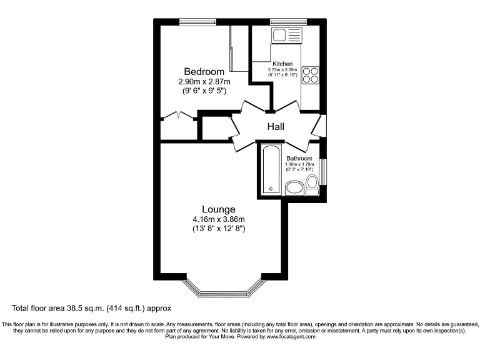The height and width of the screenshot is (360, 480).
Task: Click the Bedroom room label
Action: [x=204, y=72]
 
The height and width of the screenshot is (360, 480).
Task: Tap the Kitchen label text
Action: [x=282, y=64]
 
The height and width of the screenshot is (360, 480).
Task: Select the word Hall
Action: [x=276, y=127]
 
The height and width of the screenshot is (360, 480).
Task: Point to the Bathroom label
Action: [x=299, y=159]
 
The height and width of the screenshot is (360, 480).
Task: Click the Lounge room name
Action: [x=218, y=209]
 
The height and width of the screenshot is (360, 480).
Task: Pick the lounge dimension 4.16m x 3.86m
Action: [x=218, y=219]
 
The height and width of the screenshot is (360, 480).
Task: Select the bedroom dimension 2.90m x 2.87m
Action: [x=204, y=82]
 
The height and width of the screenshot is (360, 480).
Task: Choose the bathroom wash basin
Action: [x=294, y=188]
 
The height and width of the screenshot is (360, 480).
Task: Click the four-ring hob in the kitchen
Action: [x=310, y=75]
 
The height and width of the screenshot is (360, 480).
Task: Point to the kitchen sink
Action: [x=286, y=35]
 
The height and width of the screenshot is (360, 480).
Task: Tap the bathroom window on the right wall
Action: [x=323, y=172]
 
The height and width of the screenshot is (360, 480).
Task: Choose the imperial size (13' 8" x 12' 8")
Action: [x=218, y=229]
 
